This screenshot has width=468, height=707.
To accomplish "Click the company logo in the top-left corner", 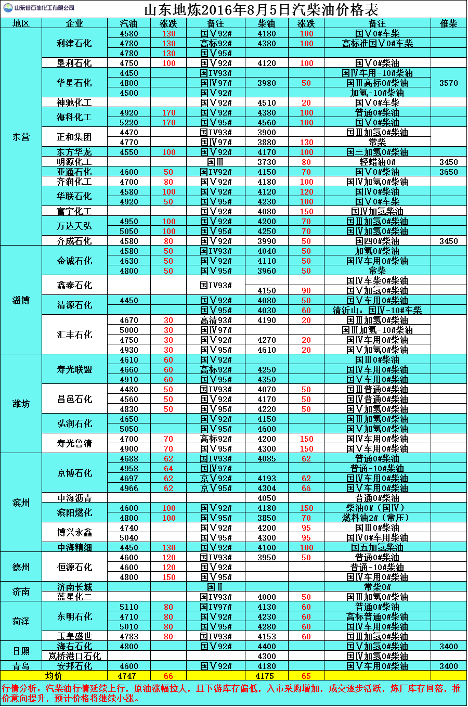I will (x=9, y=8).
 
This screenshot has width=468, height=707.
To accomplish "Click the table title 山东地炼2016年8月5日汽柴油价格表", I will (x=261, y=9).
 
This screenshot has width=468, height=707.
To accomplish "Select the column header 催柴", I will (x=448, y=23).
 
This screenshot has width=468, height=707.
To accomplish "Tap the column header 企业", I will (x=74, y=23).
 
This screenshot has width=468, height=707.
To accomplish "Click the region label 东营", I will (x=21, y=137).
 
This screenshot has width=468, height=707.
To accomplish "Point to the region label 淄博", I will (x=21, y=300).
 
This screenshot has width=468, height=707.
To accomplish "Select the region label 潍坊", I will (x=21, y=404).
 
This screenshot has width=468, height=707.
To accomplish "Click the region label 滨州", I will (x=21, y=503).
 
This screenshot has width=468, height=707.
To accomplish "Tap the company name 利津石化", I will (x=74, y=43).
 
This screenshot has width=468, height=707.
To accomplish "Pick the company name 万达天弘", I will (x=74, y=226).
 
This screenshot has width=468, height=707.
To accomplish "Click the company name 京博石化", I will (x=74, y=473).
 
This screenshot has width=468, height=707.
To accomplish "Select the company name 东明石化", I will (x=74, y=616).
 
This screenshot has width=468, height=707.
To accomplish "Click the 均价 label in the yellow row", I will (x=54, y=676).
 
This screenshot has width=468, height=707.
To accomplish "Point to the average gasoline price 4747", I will (x=128, y=676).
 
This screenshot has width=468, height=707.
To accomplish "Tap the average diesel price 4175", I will (x=266, y=676).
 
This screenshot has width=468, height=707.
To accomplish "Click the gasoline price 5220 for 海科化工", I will (x=128, y=123).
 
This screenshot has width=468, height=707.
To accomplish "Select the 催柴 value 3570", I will (x=448, y=83).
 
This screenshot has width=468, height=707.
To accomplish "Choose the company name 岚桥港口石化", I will (x=74, y=657).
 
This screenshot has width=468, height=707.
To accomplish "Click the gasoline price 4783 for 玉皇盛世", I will (x=128, y=637).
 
